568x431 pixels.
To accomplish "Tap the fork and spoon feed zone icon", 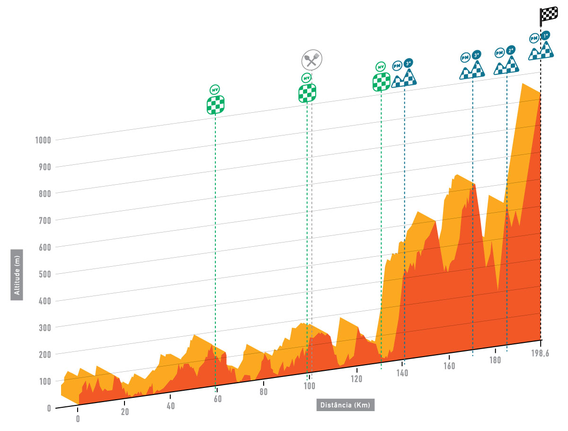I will tap(311, 60).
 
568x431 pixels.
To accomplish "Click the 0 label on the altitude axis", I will tap(49, 408).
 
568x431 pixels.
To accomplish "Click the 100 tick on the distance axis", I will tap(309, 386).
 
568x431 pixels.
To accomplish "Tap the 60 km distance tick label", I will tap(217, 399).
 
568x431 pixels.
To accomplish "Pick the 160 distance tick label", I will tap(449, 366).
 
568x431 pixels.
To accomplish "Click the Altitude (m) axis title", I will tap(18, 275).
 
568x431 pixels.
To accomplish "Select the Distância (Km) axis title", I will tap(345, 405).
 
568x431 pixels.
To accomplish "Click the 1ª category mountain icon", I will tap(541, 47).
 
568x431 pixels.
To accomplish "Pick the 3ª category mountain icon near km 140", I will tap(404, 75).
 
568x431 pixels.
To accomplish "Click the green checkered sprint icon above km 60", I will tap(215, 105).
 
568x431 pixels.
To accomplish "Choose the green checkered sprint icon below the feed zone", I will tap(307, 93).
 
